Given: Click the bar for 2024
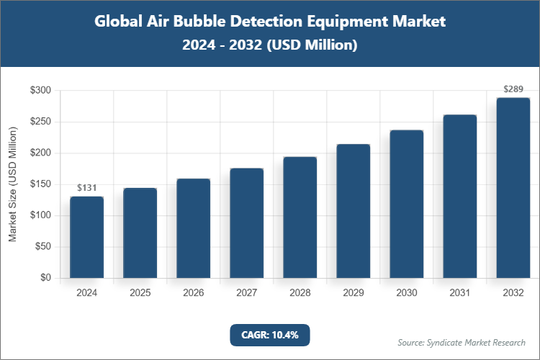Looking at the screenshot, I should coord(86,237).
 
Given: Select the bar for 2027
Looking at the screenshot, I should coord(246,223).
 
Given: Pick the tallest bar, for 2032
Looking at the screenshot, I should coord(513,188).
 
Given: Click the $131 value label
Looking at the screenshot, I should coord(86,188).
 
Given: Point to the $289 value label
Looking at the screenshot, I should coord(513,89).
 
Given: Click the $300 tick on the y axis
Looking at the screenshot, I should coord(40,91).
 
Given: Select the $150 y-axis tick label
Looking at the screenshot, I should coord(40,184).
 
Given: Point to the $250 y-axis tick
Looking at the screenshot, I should coord(40,122).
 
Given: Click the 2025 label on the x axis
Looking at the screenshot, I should coord(140,293).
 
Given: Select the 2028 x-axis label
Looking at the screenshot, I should coord(300,293).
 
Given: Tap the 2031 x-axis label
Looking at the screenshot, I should coord(459,293).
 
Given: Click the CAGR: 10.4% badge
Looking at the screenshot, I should coord(269,335).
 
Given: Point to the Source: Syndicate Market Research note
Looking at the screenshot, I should coord(461,342).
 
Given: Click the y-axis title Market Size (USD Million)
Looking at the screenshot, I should coord(12,184).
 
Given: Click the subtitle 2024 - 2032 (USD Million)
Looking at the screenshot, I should coord(270,45).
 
